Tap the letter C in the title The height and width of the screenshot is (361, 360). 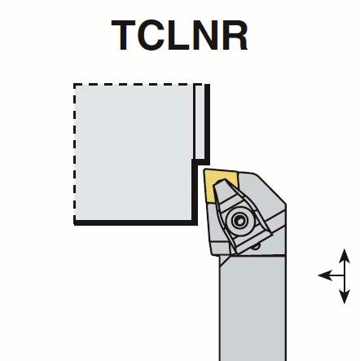click(151, 35)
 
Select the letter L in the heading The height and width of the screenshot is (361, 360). click(178, 35)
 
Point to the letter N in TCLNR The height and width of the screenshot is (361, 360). click(204, 35)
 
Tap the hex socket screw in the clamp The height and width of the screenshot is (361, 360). click(240, 221)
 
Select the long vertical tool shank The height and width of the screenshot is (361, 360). click(252, 307)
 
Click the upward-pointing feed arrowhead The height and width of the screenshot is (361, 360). click(345, 255)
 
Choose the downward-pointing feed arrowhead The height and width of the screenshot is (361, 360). click(345, 297)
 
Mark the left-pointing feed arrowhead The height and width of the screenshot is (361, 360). click(325, 275)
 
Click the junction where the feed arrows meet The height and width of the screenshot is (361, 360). click(345, 275)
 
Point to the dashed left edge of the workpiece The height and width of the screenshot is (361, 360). click(75, 152)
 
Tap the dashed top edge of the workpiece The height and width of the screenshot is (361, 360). click(136, 85)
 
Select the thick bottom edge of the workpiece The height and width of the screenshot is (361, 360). click(135, 222)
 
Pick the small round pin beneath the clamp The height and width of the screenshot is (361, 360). click(256, 246)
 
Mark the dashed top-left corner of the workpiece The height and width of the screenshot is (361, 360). click(75, 85)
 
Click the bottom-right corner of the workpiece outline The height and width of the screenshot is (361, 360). click(195, 223)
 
